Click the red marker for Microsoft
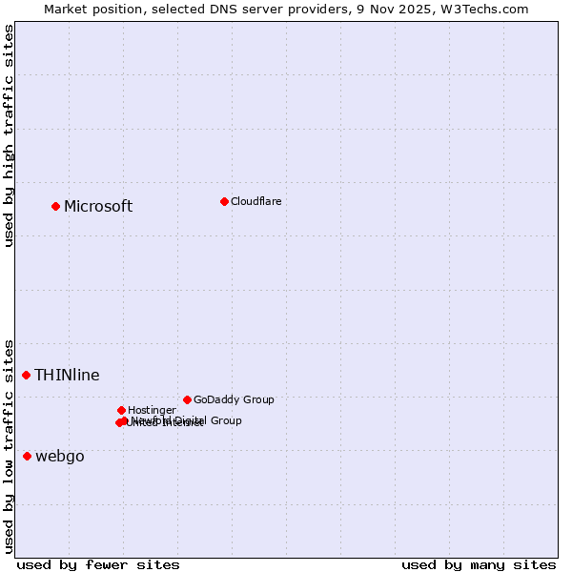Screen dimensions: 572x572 [x=55, y=206]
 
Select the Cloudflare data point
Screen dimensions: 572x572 [x=224, y=201]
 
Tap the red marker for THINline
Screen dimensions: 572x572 [x=27, y=375]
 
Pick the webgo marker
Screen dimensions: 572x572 [x=27, y=456]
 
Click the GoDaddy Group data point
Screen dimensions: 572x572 [x=187, y=399]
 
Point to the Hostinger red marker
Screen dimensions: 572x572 [x=121, y=410]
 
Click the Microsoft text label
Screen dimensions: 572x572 [x=98, y=207]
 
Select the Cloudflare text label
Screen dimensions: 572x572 [x=255, y=201]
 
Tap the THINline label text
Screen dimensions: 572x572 [x=67, y=376]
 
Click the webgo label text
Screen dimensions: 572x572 [x=59, y=457]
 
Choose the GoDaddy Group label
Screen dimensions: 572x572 [x=233, y=400]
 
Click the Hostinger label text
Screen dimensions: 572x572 [x=152, y=411]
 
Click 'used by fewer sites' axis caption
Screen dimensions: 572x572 [x=98, y=564]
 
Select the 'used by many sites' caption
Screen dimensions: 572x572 [x=479, y=564]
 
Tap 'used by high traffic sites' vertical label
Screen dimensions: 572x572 [x=9, y=135]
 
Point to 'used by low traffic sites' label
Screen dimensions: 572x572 [x=9, y=445]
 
